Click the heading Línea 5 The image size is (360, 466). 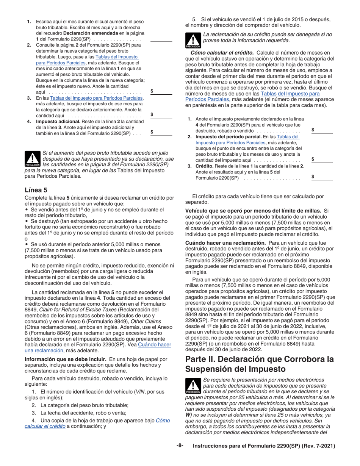[36, 190]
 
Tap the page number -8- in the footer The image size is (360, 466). [180, 446]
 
